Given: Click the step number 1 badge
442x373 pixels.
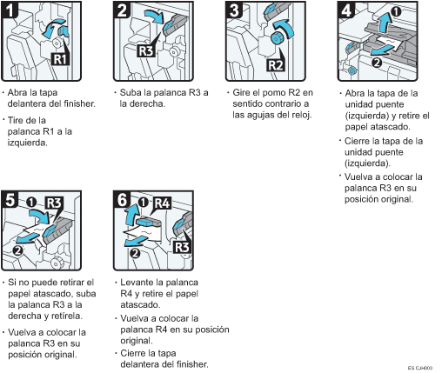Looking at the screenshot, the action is pos(9,10).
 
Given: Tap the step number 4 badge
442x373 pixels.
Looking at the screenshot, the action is pos(346,10).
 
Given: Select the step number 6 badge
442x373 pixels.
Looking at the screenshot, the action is pos(122,199).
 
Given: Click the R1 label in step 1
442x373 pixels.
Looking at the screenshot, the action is pos(60,59).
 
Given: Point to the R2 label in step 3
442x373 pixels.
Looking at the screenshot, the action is pos(275,64).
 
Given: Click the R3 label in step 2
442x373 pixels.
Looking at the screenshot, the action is pos(146,51).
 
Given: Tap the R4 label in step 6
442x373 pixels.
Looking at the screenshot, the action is pos(163,203).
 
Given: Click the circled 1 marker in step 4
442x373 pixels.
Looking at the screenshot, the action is pos(396,11).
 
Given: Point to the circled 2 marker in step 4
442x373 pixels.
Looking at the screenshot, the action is pos(377,63).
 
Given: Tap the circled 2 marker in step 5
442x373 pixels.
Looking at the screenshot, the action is pos(18,250).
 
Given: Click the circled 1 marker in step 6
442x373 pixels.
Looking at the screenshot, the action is pos(143,203).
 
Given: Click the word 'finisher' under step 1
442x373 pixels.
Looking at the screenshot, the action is pos(79,103).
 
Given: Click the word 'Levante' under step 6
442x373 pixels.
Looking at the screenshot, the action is pos(137,282).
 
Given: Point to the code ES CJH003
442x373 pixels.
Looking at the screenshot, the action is pos(420,368).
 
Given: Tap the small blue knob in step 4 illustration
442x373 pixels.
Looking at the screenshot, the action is pos(352,70).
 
